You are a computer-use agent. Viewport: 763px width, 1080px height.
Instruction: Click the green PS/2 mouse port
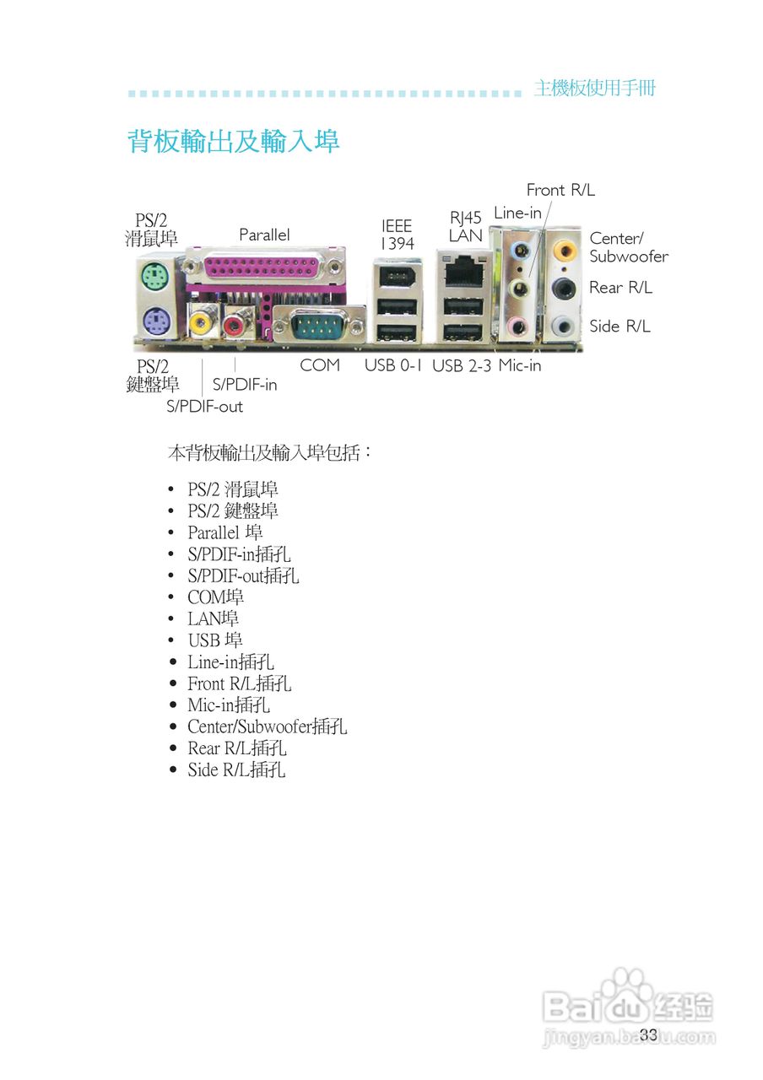(153, 275)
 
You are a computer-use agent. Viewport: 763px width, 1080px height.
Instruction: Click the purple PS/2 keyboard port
(153, 322)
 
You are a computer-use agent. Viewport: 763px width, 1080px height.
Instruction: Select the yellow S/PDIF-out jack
(203, 321)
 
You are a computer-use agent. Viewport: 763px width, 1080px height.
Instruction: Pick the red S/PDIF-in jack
(235, 321)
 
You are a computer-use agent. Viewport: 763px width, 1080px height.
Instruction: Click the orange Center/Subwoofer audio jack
(563, 250)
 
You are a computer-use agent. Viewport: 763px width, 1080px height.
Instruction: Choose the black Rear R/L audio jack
(563, 289)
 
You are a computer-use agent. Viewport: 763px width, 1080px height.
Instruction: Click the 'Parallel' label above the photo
(264, 235)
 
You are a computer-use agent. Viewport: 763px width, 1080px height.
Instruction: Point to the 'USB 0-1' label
(393, 365)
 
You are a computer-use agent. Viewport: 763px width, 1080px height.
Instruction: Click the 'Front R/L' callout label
(560, 190)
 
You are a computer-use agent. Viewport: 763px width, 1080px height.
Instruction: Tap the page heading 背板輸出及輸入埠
(234, 141)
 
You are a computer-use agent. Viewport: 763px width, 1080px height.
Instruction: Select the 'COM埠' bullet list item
(216, 597)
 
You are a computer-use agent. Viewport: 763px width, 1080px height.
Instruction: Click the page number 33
(648, 1034)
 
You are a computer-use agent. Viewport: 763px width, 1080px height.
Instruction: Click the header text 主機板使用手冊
(594, 89)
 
